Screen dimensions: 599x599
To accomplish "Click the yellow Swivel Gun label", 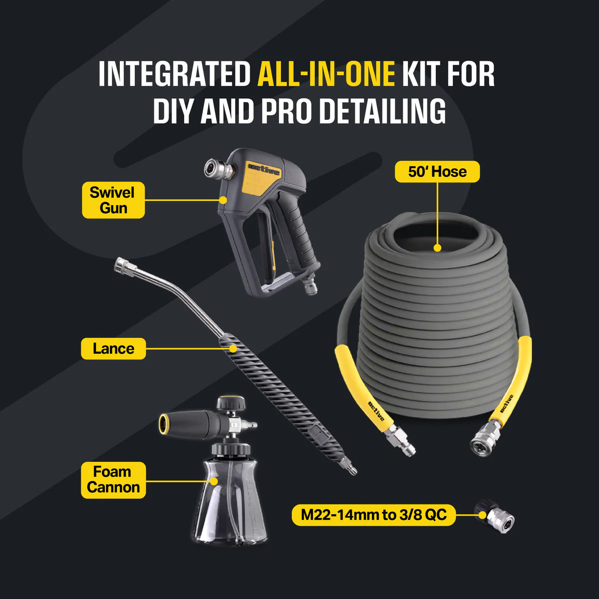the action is tap(113, 200).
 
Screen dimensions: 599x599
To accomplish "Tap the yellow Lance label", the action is tap(113, 348).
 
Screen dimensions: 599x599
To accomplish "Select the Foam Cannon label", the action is tap(113, 480).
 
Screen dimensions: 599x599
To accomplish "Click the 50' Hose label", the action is tap(437, 172).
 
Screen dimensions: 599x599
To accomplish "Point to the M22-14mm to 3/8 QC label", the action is tap(374, 515).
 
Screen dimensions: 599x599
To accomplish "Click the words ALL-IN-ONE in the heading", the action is tap(326, 74).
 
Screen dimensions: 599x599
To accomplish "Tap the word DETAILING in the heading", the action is tap(383, 111).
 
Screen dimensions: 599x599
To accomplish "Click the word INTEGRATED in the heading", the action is tap(175, 74).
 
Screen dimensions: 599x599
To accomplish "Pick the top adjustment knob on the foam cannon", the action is tap(231, 403).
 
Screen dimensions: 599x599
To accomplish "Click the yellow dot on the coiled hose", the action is tap(437, 248).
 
